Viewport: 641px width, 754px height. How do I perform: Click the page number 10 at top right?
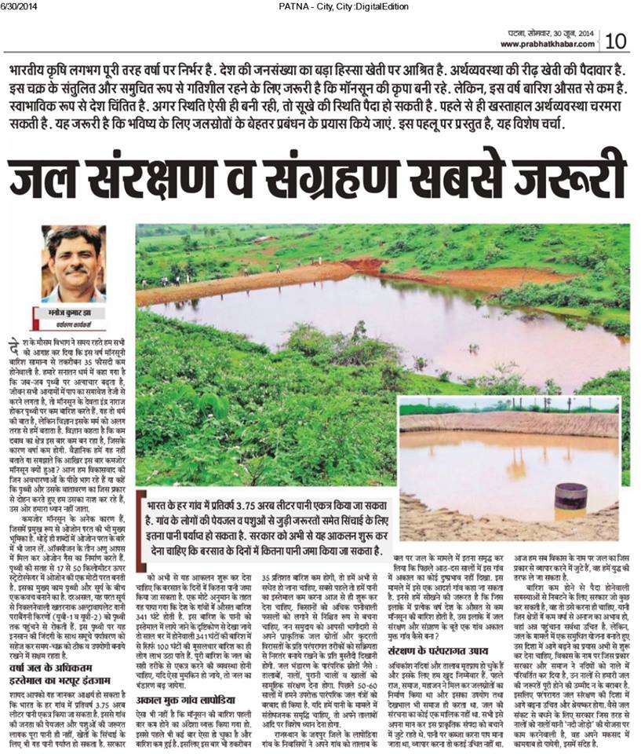[x=615, y=39]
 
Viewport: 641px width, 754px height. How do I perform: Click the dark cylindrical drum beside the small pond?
[x=570, y=495]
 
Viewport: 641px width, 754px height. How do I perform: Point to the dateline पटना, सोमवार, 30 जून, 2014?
[x=548, y=34]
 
